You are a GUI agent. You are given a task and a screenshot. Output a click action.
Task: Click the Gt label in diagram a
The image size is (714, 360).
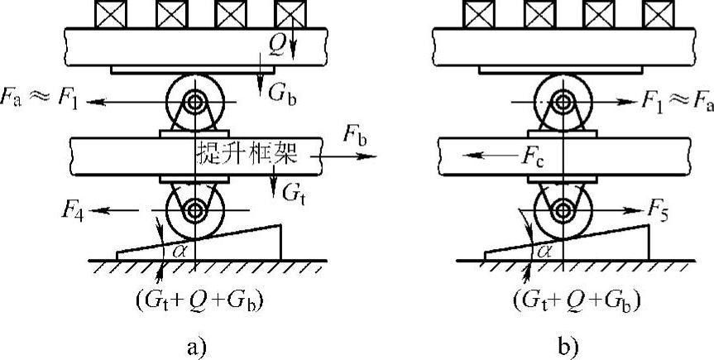coord(292,194)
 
